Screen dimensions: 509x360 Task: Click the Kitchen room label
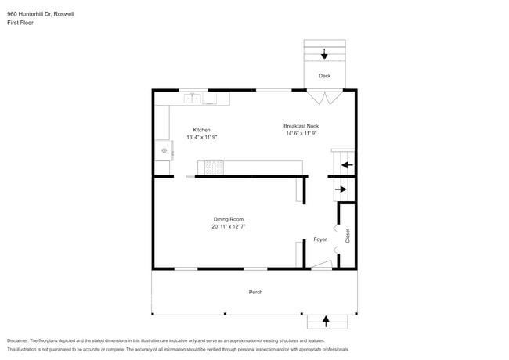coord(201,130)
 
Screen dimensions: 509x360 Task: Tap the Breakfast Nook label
coord(301,126)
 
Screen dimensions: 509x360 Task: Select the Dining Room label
coord(229,219)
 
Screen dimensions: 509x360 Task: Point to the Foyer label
coord(320,239)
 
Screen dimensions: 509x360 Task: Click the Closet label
coord(348,236)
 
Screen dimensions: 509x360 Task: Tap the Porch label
coord(255,292)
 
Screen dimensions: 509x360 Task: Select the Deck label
coord(325,76)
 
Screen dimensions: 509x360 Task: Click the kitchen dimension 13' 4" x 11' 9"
coord(201,137)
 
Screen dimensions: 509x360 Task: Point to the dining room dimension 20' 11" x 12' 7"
coord(229,226)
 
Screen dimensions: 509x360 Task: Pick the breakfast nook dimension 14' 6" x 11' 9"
coord(301,133)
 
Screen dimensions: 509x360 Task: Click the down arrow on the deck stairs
coord(324,54)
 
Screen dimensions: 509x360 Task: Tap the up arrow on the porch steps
coord(326,321)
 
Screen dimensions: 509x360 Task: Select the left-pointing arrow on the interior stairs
coord(347,165)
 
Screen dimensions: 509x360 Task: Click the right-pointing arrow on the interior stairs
coord(341,189)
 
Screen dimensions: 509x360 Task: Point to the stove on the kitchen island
coord(214,167)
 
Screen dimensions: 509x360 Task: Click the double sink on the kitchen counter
coord(192,99)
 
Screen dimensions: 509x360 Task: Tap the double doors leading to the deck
coord(325,97)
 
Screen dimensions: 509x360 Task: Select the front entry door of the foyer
coord(322,265)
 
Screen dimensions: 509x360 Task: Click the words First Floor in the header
coord(20,23)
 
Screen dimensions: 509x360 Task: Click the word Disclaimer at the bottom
coord(18,341)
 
